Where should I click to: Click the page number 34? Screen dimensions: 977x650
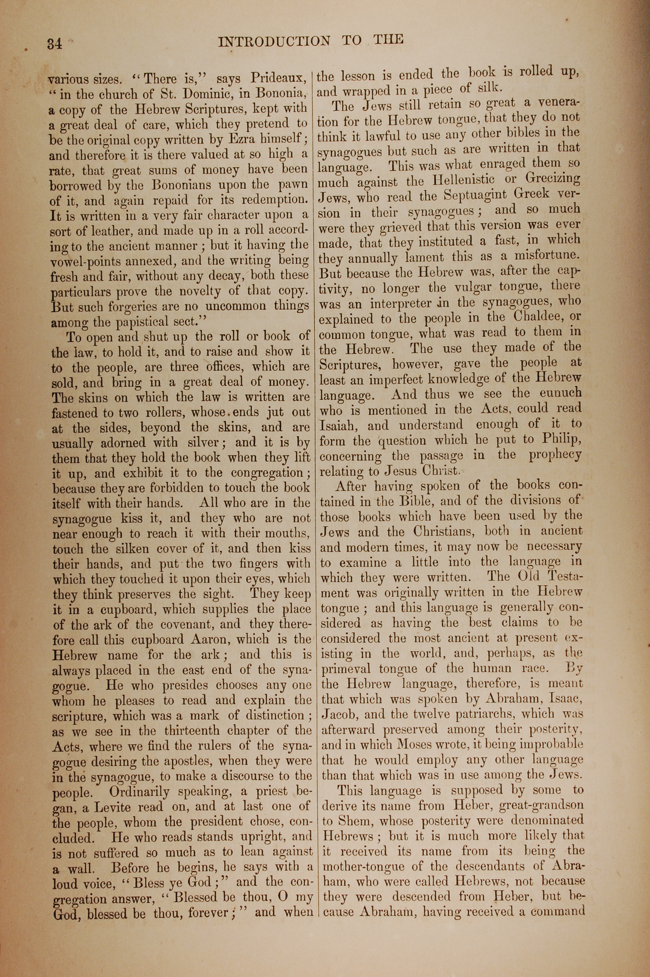coord(55,44)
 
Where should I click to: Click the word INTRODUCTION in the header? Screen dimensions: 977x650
coord(274,41)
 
